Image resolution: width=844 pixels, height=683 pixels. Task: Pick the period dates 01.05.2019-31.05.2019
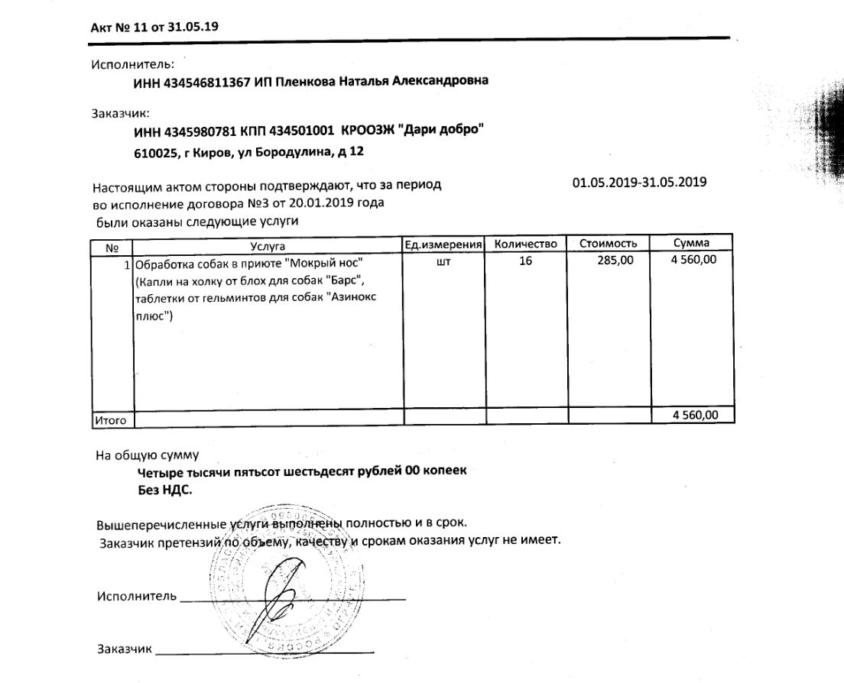[639, 183]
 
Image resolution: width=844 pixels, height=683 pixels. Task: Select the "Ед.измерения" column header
[443, 244]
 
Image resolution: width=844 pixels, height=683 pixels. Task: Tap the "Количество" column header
[526, 244]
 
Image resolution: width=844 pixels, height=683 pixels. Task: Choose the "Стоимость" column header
[608, 244]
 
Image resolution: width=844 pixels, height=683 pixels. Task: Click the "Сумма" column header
[691, 244]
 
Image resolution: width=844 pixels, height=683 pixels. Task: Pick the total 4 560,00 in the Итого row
[695, 416]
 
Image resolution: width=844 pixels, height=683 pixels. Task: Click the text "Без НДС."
[166, 490]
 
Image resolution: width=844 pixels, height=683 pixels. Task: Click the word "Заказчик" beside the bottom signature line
[124, 649]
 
